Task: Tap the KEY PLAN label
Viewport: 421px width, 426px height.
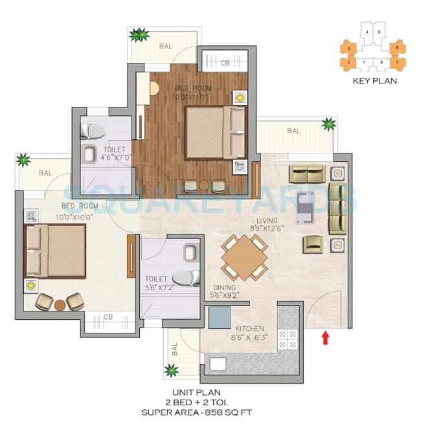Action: click(374, 82)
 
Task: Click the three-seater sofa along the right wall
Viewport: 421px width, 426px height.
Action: click(337, 207)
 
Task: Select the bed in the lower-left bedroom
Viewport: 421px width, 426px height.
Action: click(56, 250)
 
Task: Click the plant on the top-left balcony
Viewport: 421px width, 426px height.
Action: click(138, 35)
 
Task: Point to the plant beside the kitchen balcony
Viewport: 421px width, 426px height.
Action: click(171, 370)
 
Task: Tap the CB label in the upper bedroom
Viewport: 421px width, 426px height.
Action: click(225, 63)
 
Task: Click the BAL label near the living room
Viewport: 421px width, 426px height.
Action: click(293, 131)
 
